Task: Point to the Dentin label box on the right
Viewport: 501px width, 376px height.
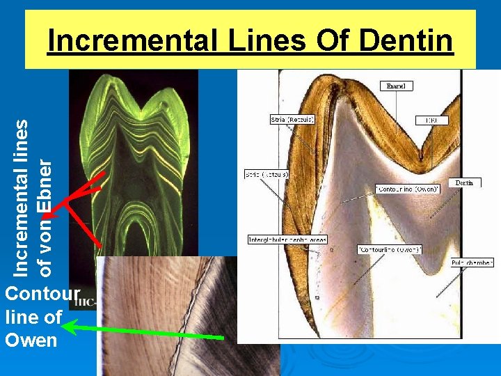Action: click(464, 182)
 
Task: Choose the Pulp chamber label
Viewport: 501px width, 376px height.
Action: click(472, 263)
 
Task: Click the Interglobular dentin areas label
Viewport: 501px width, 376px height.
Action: click(287, 240)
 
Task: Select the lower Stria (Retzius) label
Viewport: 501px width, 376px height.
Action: click(267, 173)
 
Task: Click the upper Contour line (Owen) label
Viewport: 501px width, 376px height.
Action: click(408, 189)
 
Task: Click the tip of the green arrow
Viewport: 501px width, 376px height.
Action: click(67, 327)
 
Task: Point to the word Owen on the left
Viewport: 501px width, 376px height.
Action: click(31, 340)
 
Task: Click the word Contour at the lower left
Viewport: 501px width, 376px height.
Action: click(42, 293)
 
